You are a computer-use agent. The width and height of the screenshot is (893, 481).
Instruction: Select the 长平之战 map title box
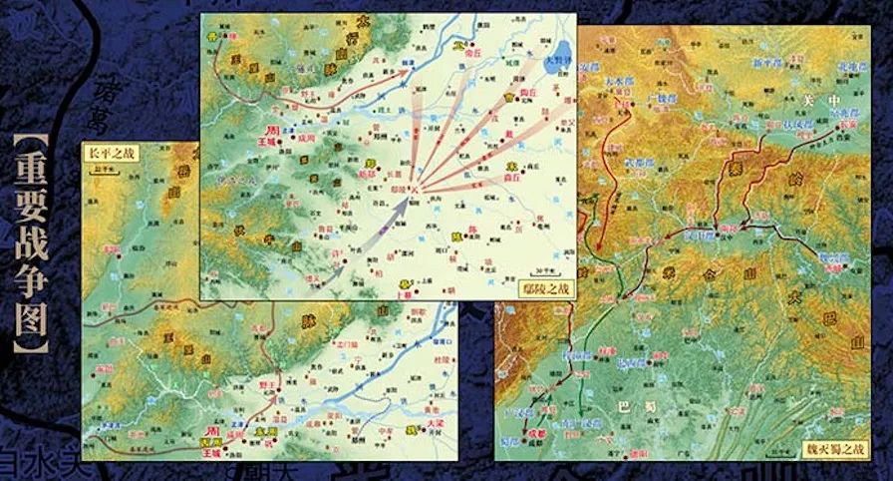(109, 153)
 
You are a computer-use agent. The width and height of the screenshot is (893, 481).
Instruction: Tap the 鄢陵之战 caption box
(547, 287)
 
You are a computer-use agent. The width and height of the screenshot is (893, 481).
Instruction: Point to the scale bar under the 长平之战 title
(99, 168)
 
